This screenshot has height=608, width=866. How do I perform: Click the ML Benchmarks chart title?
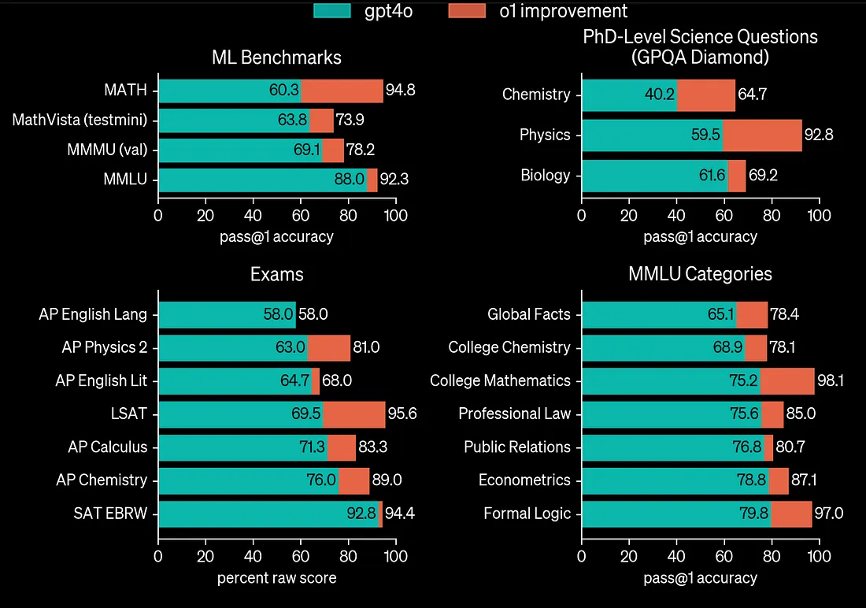pyautogui.click(x=276, y=57)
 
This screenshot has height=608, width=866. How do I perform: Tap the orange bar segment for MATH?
pyautogui.click(x=342, y=90)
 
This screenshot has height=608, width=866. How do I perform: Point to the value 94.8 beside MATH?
pyautogui.click(x=400, y=90)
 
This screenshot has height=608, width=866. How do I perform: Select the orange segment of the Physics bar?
pyautogui.click(x=762, y=135)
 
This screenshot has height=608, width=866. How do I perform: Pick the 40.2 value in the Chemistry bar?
pyautogui.click(x=660, y=95)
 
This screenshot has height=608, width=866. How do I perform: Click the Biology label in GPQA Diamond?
pyautogui.click(x=545, y=175)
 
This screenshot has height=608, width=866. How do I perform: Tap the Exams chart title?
pyautogui.click(x=276, y=275)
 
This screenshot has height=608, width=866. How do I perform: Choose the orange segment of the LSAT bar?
pyautogui.click(x=353, y=414)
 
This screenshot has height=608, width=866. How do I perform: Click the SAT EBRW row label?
pyautogui.click(x=110, y=513)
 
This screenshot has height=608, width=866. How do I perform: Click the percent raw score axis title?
pyautogui.click(x=276, y=577)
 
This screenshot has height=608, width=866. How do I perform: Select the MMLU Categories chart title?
pyautogui.click(x=700, y=275)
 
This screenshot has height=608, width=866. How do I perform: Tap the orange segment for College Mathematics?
pyautogui.click(x=787, y=380)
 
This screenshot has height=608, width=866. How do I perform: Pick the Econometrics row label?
pyautogui.click(x=524, y=480)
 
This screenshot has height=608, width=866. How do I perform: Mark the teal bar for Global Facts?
pyautogui.click(x=658, y=314)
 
